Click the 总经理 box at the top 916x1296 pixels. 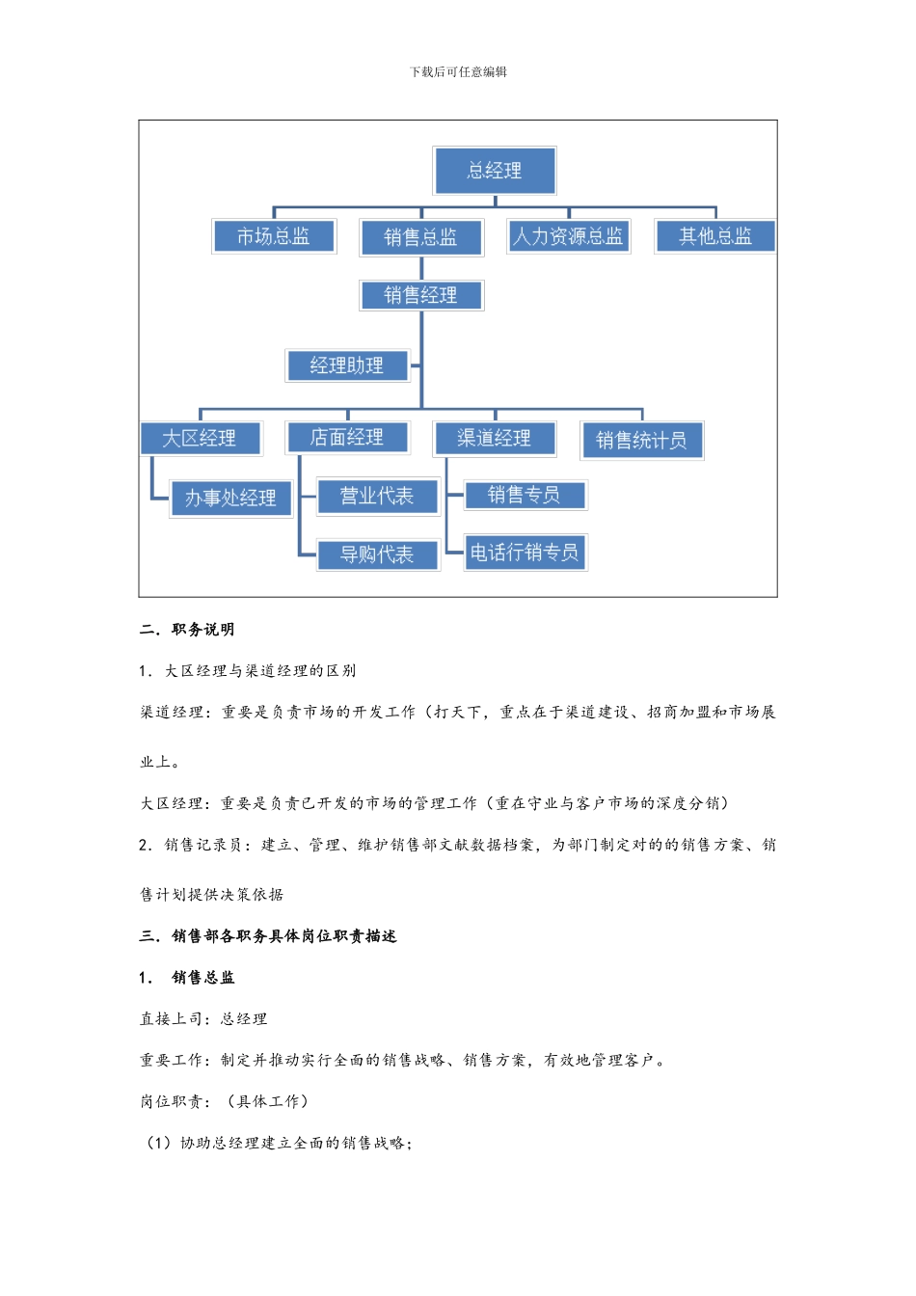[495, 171]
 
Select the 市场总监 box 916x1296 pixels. [274, 236]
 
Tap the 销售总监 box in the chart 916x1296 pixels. [420, 237]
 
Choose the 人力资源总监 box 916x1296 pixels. [568, 236]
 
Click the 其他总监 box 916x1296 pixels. [714, 236]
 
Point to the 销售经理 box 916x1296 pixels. [420, 295]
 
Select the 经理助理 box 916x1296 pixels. [347, 365]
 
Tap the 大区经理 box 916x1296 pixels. [200, 439]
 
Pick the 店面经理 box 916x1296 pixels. [347, 438]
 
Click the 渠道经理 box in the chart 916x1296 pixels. [495, 439]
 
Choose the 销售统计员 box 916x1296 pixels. [641, 441]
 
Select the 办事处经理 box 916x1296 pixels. [230, 499]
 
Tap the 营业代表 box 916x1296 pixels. [377, 497]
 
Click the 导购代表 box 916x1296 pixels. [377, 554]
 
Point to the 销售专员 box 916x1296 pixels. [525, 496]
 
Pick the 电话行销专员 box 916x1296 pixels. [525, 553]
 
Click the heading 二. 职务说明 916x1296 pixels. [187, 630]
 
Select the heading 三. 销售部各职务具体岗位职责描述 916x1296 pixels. [268, 936]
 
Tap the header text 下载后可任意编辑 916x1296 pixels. [458, 72]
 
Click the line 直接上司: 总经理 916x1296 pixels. [203, 1019]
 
